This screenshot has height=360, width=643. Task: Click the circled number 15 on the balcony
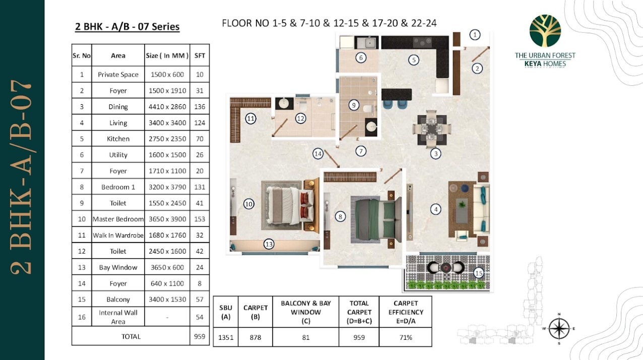(479, 273)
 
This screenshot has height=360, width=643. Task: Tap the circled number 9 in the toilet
(354, 105)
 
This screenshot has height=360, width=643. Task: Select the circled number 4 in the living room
(436, 209)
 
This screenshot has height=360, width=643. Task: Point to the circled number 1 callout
(475, 35)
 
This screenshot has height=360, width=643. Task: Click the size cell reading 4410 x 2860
(167, 106)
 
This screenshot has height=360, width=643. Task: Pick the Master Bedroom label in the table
(118, 219)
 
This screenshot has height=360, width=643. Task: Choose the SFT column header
(200, 55)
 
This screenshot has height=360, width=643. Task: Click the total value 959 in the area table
(200, 336)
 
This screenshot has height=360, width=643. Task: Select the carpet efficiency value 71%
(406, 337)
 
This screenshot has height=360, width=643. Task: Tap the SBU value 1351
(226, 337)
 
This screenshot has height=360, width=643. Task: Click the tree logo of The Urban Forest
(545, 31)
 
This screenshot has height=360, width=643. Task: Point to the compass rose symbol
(559, 328)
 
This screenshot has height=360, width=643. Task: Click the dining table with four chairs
(431, 129)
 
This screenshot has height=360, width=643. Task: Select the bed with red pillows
(289, 205)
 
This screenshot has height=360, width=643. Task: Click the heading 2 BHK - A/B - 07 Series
(127, 26)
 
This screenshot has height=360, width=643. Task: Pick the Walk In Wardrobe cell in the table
(118, 235)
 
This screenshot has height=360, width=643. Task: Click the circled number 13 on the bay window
(269, 244)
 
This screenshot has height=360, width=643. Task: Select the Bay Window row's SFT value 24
(200, 267)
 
